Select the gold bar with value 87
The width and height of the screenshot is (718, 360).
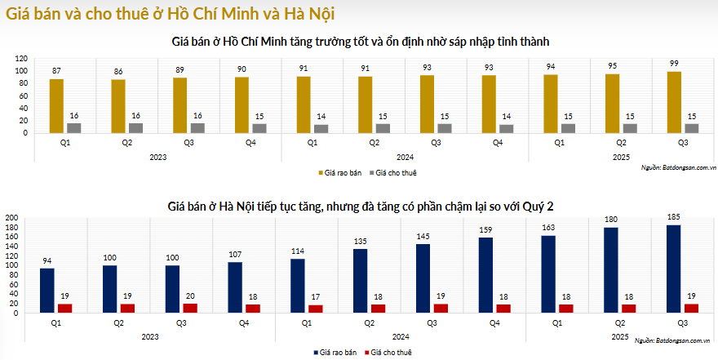point(55,105)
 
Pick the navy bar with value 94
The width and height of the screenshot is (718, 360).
point(47,291)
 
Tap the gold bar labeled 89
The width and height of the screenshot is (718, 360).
point(179,104)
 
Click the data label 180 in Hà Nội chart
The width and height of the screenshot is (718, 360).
point(610,219)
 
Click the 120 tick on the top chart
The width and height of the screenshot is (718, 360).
point(21,59)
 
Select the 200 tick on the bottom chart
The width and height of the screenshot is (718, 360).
point(11,218)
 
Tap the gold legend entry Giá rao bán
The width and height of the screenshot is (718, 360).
point(339,173)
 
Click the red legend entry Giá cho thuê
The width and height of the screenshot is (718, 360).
point(386,352)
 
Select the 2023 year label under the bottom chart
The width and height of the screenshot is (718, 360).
point(150,336)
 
